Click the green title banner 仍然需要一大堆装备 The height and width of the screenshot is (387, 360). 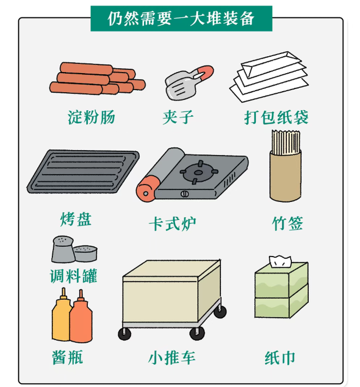tap(181, 19)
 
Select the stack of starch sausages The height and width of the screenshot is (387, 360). tap(97, 80)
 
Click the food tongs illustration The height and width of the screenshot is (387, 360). tap(186, 82)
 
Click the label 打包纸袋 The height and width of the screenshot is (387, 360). tap(276, 117)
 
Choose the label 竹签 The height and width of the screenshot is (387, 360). tap(287, 223)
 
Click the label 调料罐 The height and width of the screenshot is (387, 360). tap(73, 276)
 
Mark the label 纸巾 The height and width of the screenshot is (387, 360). tap(280, 357)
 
